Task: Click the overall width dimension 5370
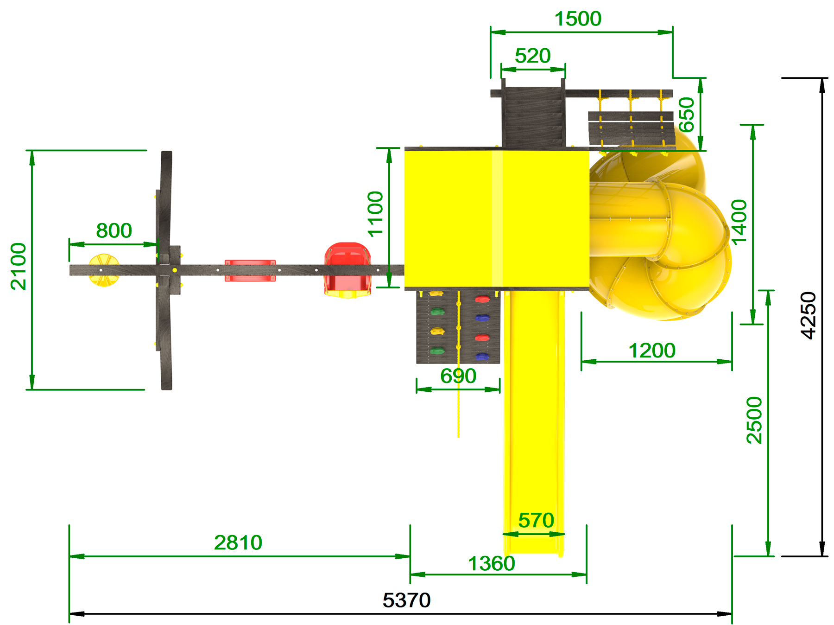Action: pos(406,600)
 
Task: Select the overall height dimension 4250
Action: pos(809,315)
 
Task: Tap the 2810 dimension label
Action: pos(238,542)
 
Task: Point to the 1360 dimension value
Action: pos(492,564)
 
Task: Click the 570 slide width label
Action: pos(536,520)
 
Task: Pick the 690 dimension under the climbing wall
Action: pos(458,376)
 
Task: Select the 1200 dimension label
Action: pos(652,351)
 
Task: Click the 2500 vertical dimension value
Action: pos(754,420)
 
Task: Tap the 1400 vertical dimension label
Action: pos(739,222)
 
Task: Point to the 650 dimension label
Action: pos(687,115)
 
